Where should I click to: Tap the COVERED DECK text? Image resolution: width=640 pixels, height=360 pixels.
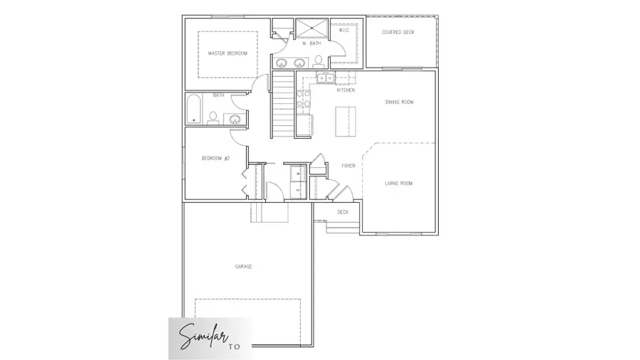point(398,32)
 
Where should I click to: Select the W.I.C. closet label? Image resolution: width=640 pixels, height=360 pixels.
point(343,31)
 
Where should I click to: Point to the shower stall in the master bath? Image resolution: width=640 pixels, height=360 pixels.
point(310,29)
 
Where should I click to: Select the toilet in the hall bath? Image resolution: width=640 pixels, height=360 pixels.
point(213,118)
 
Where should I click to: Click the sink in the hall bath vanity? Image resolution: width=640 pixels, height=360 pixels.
point(233,119)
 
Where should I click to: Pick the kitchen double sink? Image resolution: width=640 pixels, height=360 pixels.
point(324,78)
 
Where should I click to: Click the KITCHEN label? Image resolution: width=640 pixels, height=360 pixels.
point(346,90)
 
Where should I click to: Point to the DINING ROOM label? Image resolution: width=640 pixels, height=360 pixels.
point(399,102)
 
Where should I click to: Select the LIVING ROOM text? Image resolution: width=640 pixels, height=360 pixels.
point(398,184)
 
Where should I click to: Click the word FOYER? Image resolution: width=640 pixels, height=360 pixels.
point(348,166)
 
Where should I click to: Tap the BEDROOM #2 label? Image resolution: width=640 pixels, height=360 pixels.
point(215,158)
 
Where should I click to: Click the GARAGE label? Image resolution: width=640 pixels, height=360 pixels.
point(243,267)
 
